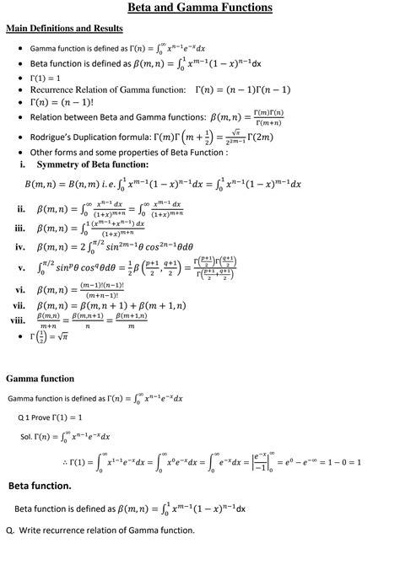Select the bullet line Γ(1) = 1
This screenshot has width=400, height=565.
point(51,77)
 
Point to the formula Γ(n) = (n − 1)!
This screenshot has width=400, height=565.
point(61,102)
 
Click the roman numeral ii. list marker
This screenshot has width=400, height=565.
point(20,208)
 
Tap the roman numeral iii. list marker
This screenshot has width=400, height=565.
point(20,229)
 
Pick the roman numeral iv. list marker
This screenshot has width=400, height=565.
point(20,247)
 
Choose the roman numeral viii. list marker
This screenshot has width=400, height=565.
point(18,320)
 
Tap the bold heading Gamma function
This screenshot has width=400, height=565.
point(41,379)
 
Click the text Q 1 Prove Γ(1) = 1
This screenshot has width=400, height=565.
point(50,417)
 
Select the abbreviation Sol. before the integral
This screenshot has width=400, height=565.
point(26,437)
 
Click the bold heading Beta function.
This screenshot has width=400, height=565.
point(40,487)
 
